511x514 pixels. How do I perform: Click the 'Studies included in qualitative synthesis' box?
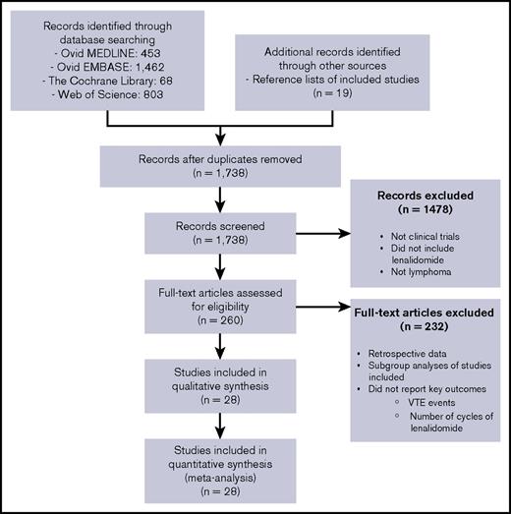[x=206, y=389]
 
